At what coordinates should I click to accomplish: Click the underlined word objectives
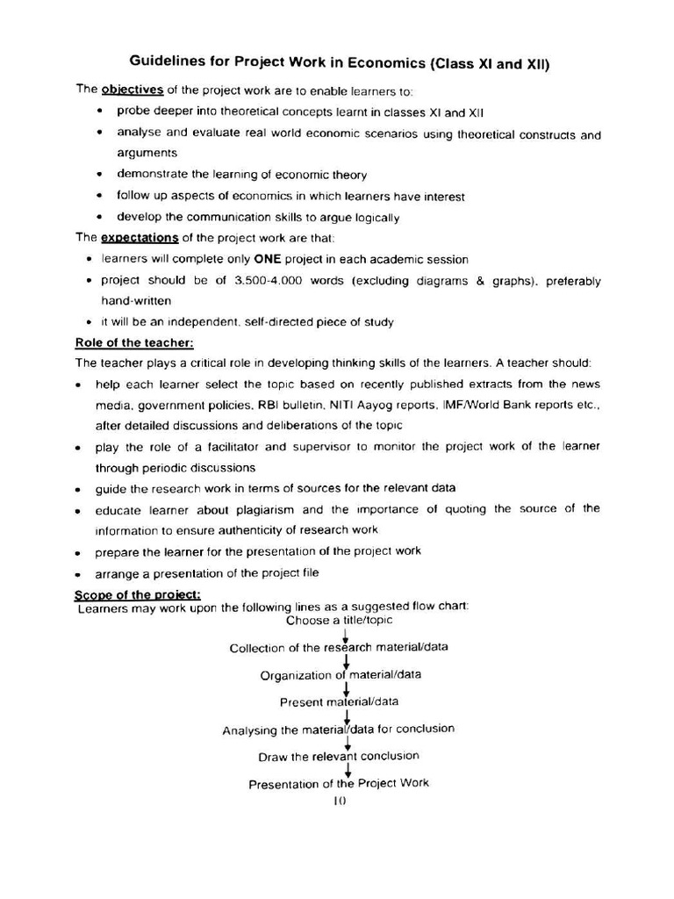pos(133,90)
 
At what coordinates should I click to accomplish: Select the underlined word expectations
pos(140,238)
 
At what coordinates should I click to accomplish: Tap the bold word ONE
pos(271,259)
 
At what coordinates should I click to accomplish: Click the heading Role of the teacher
pos(134,342)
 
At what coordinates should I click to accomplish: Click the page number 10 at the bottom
pos(341,801)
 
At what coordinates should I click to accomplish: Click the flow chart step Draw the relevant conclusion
pos(339,756)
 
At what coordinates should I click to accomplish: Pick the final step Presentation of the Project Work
pos(339,783)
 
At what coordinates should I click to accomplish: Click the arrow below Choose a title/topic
pos(347,635)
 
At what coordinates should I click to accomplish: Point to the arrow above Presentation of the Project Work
pos(348,770)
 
